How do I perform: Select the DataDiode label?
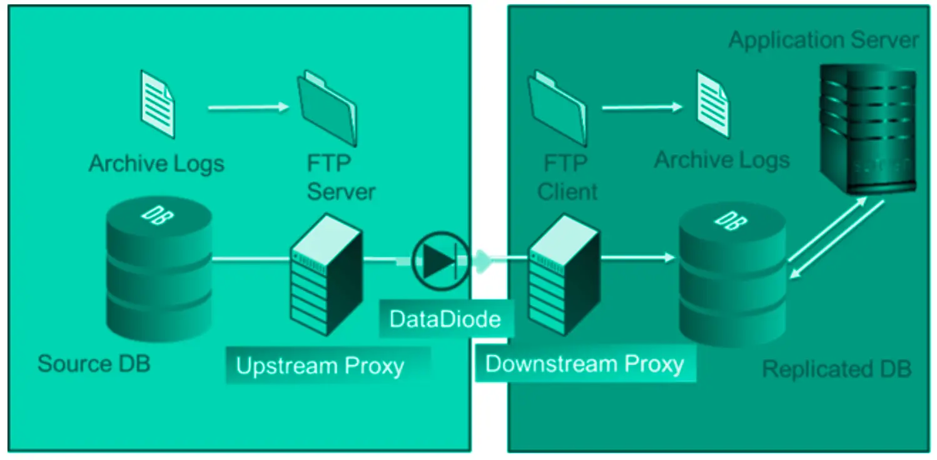[445, 319]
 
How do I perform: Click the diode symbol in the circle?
[440, 260]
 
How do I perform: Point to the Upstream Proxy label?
[320, 366]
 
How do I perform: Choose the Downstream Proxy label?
[584, 364]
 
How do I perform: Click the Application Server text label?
[823, 41]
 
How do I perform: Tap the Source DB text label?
[94, 363]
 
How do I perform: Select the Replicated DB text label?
[836, 369]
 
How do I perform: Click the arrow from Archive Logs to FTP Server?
[246, 107]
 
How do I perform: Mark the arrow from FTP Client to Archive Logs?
[642, 107]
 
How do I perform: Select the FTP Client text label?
[567, 177]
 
